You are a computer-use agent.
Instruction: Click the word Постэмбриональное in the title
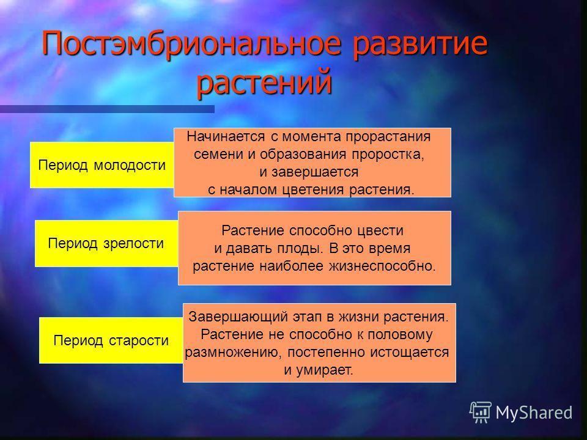pos(191,43)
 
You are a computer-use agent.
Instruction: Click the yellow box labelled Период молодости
pos(102,165)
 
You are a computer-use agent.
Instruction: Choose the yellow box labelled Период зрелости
pos(106,244)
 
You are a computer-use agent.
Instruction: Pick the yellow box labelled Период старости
pos(111,340)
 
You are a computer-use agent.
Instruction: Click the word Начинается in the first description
pos(226,136)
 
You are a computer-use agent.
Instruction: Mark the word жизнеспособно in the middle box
pos(382,266)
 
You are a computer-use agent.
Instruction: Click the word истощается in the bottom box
pos(410,353)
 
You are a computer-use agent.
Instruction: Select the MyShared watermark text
pos(534,413)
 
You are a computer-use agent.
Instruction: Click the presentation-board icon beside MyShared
pos(481,413)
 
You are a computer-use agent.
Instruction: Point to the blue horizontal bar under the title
pos(107,109)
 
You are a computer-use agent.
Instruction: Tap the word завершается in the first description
pos(314,172)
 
